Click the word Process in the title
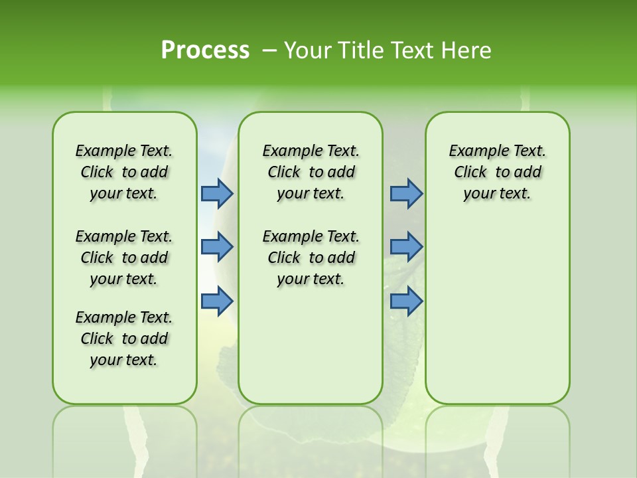(x=205, y=50)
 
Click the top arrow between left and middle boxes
(x=217, y=193)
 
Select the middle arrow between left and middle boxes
(x=217, y=247)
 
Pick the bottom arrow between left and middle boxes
(x=217, y=301)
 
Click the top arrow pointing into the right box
(x=406, y=193)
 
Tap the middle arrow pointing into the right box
(x=406, y=247)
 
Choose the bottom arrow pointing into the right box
(x=406, y=301)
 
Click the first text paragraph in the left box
(x=124, y=172)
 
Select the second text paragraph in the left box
(x=124, y=258)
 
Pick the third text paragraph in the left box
(x=124, y=339)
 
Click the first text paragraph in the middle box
(x=311, y=172)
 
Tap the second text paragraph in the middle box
(x=311, y=258)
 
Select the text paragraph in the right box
(x=498, y=172)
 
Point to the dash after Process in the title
(x=269, y=50)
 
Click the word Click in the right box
(x=470, y=173)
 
